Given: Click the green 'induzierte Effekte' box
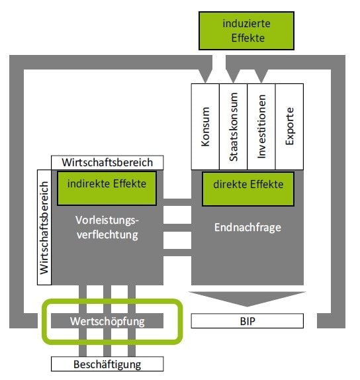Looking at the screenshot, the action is point(246,30).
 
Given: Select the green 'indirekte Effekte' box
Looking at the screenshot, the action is point(107,188).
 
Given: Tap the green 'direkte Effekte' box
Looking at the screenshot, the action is point(248,189).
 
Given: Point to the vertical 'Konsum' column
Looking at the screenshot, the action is point(205,126).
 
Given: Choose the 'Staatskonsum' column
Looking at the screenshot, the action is point(234,126).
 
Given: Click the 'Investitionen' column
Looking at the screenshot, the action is point(261,126).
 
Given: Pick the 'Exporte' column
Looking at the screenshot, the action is point(289,126).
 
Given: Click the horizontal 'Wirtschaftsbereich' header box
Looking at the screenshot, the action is point(107,163).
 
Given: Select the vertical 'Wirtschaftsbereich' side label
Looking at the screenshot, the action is point(44,227).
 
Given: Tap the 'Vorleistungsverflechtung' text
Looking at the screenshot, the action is point(107,227).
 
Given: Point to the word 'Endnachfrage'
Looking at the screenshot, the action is point(247,228).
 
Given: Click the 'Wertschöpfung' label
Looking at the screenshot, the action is point(107,321).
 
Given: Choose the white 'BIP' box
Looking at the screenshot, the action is point(247,321).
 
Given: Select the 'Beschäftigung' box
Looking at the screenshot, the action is point(107,364).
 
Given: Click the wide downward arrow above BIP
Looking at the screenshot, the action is point(247,299).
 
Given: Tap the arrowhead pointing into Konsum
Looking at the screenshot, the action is point(205,76).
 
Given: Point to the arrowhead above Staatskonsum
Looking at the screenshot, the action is point(233,76).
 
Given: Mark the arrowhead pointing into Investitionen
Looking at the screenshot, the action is point(261,76).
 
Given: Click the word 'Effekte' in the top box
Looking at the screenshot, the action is point(248,38).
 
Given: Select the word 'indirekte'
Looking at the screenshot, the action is point(89,183).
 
